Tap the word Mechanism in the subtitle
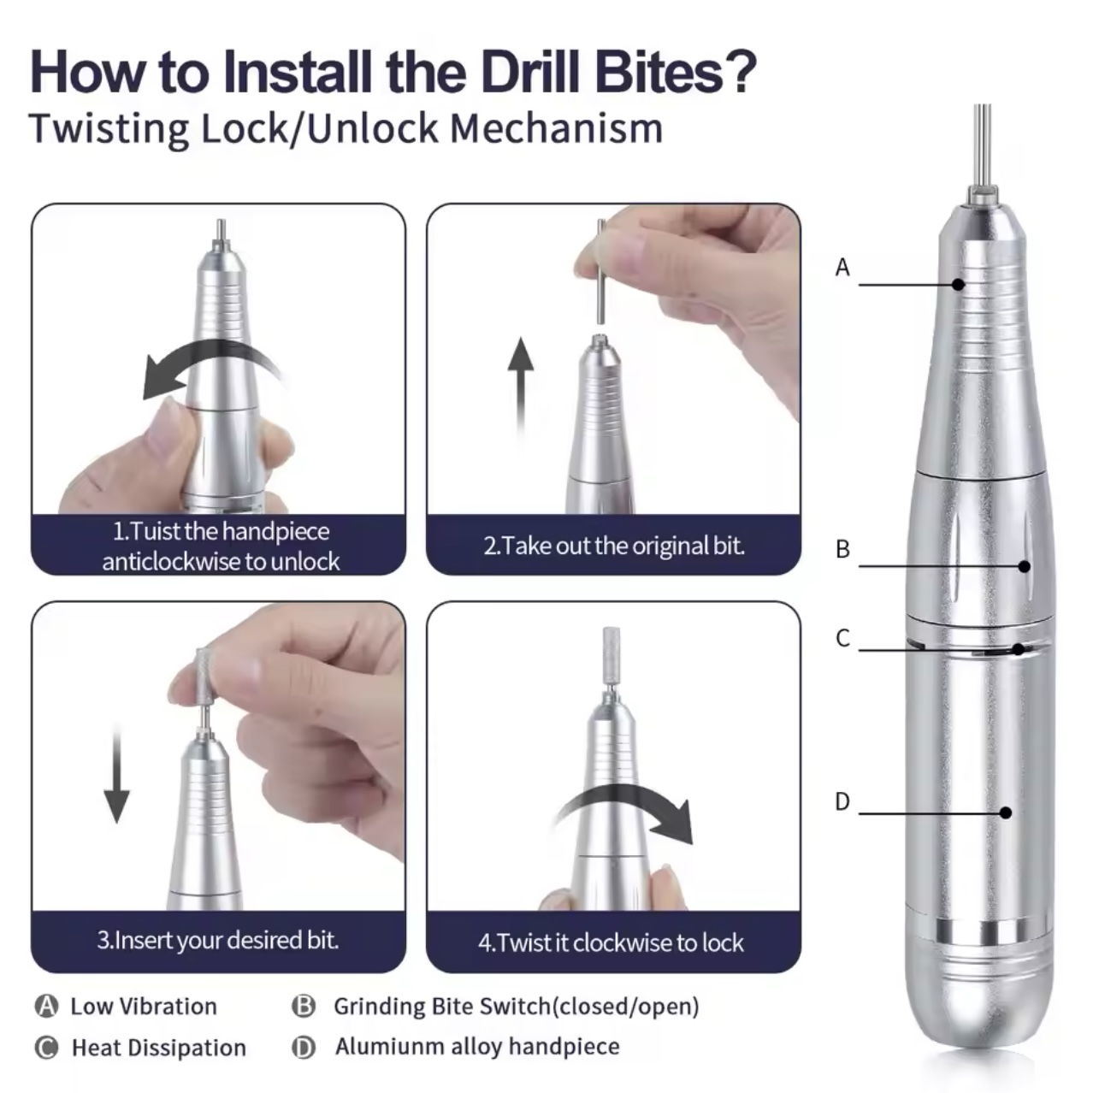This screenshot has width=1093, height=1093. [557, 129]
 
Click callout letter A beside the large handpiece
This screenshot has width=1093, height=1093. [842, 267]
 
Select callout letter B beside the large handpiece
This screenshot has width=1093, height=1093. [843, 548]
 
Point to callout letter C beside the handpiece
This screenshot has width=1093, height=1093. [843, 637]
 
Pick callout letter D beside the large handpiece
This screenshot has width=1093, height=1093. [842, 801]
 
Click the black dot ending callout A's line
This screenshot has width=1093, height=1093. [958, 284]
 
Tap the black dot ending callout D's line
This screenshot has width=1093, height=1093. [1005, 812]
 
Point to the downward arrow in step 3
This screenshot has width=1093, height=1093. [117, 774]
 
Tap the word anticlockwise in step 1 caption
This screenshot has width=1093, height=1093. [173, 562]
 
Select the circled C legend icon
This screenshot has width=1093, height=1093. [46, 1047]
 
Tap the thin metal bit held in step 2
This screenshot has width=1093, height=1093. [601, 271]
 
